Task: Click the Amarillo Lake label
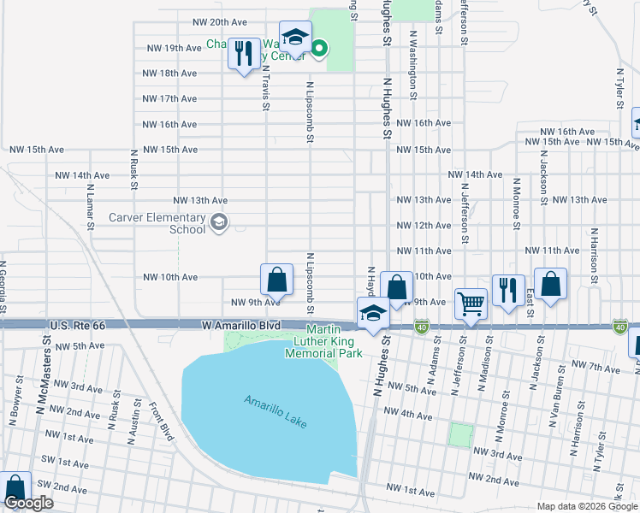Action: (x=275, y=412)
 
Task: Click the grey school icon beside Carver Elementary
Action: (x=220, y=223)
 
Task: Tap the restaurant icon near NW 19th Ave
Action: (x=245, y=55)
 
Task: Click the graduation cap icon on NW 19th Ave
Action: (x=294, y=39)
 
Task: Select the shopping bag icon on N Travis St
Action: (x=276, y=280)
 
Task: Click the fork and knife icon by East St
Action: (x=508, y=292)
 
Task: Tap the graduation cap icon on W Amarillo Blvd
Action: (x=373, y=314)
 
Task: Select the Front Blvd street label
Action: (x=160, y=422)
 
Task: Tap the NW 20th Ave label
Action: (x=220, y=22)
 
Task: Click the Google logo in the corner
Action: (x=28, y=504)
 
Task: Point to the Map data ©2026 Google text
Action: (x=587, y=506)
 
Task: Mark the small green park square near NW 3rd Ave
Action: (x=460, y=435)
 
